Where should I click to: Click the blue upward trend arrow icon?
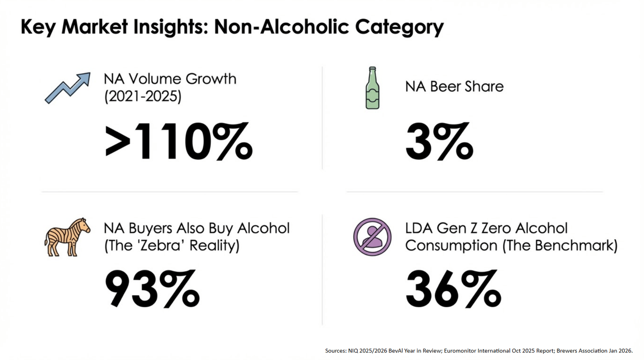point(68,88)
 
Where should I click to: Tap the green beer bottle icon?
point(372,88)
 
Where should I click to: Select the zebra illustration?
point(67,237)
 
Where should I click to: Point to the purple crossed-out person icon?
point(372,237)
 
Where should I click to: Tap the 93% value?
point(152,289)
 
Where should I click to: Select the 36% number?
point(453,289)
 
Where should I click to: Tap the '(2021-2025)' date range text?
point(143,97)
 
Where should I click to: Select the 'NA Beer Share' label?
point(454,86)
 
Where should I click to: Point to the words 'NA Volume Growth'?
point(170,79)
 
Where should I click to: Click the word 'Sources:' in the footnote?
point(336,351)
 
